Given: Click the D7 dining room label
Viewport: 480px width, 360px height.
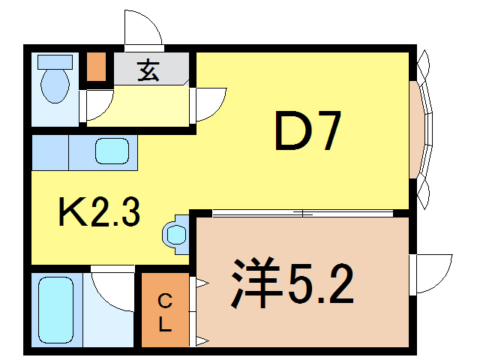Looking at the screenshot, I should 308,131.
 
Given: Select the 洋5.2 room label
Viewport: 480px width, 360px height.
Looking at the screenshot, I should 292,283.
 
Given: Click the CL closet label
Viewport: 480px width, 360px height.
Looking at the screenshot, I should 166,313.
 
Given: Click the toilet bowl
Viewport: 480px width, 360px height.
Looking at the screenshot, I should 54,87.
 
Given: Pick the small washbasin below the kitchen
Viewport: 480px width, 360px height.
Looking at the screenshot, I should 175,235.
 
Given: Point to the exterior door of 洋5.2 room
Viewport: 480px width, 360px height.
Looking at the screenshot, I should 433,274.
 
